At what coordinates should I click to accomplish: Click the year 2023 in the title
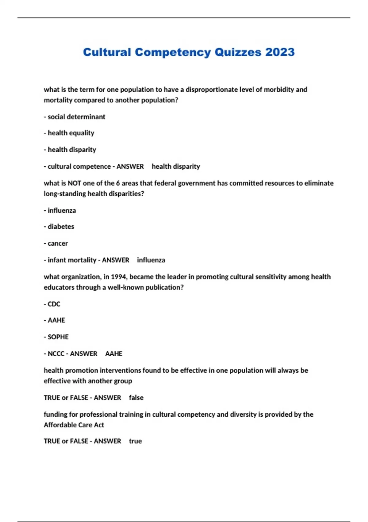(x=280, y=52)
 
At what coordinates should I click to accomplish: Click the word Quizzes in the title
(x=237, y=52)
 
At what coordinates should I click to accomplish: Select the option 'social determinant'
(x=76, y=117)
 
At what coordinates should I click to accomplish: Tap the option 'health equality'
(x=71, y=133)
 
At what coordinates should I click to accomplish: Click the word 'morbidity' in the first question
(x=279, y=90)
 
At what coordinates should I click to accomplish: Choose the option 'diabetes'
(x=61, y=227)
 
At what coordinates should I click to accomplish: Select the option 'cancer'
(x=58, y=243)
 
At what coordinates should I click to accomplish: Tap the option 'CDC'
(x=54, y=304)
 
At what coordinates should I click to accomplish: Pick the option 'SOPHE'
(x=58, y=337)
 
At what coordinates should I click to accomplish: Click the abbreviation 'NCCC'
(x=56, y=354)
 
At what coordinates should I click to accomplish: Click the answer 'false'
(x=136, y=398)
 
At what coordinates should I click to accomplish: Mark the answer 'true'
(x=135, y=441)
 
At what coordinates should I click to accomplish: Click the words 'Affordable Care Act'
(x=74, y=425)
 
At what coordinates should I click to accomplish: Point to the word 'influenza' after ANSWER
(x=151, y=260)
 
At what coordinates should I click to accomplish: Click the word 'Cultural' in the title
(x=107, y=52)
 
